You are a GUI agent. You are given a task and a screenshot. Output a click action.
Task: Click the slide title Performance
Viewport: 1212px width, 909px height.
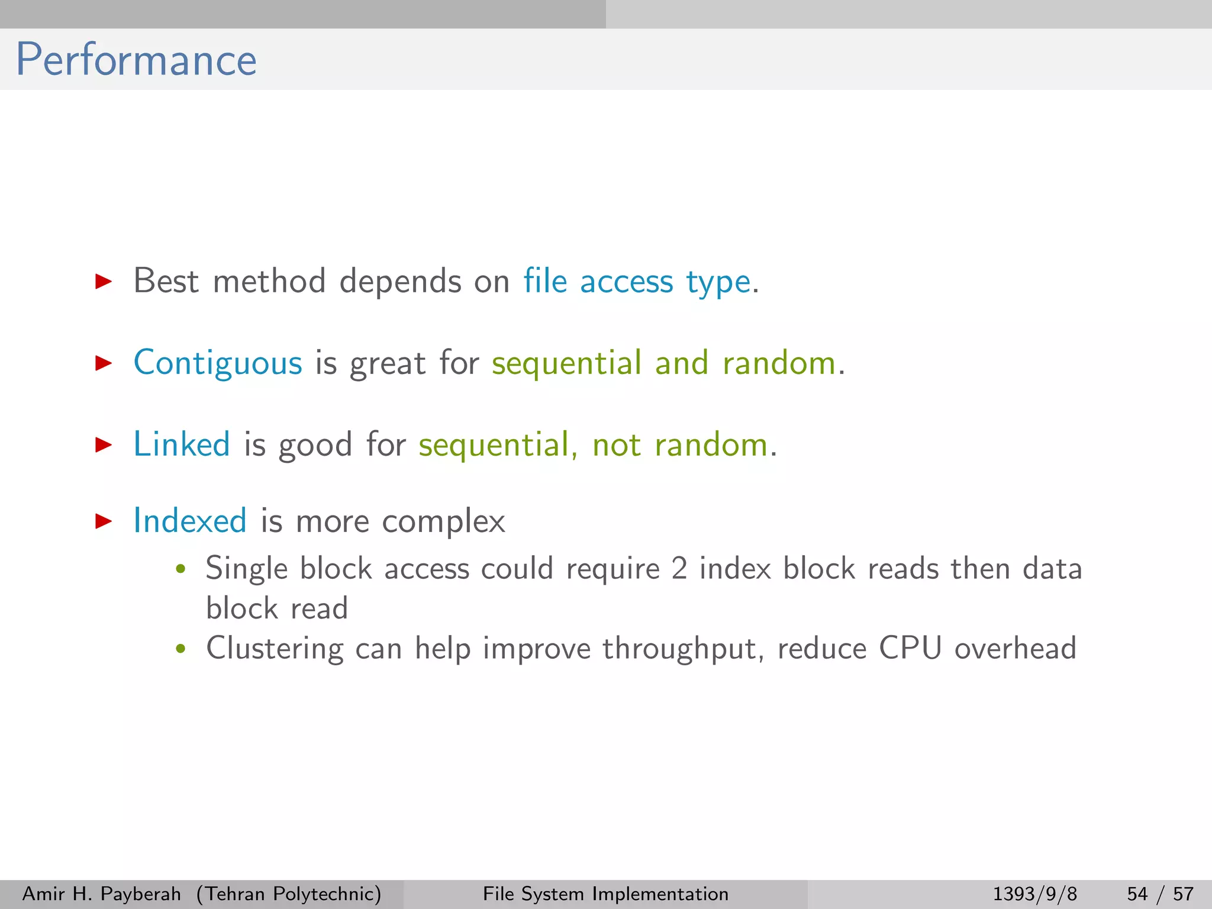pyautogui.click(x=136, y=60)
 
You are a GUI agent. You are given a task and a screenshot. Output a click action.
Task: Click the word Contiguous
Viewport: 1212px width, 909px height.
pyautogui.click(x=218, y=363)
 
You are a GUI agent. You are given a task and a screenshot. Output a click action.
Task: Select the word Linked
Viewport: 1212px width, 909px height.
pyautogui.click(x=182, y=444)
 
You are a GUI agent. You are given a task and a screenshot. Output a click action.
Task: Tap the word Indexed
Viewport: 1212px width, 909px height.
pyautogui.click(x=190, y=521)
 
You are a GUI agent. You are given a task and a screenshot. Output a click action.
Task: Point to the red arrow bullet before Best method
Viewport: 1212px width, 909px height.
pyautogui.click(x=104, y=281)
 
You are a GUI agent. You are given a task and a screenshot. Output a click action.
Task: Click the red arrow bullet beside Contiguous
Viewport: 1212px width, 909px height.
pyautogui.click(x=104, y=363)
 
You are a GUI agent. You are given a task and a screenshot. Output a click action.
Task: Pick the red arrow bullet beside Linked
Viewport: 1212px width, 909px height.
pyautogui.click(x=104, y=444)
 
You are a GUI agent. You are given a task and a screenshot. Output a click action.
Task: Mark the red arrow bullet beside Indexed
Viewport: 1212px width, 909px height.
pyautogui.click(x=104, y=521)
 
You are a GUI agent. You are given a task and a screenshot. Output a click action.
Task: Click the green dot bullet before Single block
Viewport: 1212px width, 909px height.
pyautogui.click(x=181, y=569)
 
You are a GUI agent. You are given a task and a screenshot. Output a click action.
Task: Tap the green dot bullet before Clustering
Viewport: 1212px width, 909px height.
pyautogui.click(x=181, y=649)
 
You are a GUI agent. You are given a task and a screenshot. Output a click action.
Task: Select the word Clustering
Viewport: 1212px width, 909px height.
pyautogui.click(x=275, y=649)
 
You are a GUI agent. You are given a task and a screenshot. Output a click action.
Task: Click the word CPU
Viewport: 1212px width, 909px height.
pyautogui.click(x=910, y=648)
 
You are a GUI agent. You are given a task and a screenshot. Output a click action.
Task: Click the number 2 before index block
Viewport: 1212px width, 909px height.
pyautogui.click(x=679, y=569)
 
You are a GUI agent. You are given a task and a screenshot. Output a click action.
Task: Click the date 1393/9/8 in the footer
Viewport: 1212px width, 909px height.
pyautogui.click(x=1034, y=894)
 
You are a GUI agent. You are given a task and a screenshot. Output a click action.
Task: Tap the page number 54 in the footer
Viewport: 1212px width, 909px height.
pyautogui.click(x=1137, y=894)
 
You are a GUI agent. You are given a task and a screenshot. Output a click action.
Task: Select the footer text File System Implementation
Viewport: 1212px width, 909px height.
pyautogui.click(x=605, y=894)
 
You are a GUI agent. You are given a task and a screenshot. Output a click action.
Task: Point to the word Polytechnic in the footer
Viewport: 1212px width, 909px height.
pyautogui.click(x=323, y=894)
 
